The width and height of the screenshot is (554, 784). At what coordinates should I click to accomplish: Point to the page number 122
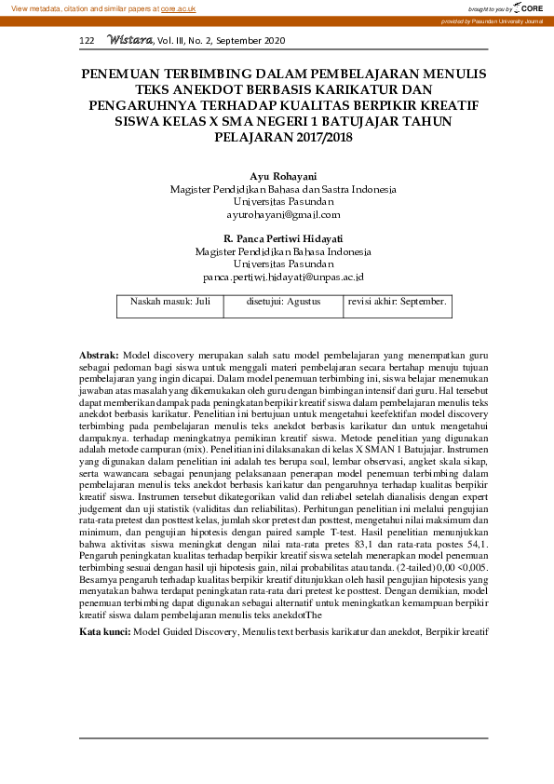88,41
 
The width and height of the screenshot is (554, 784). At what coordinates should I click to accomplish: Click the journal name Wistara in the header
129,40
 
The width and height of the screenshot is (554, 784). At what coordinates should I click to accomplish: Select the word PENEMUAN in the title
120,74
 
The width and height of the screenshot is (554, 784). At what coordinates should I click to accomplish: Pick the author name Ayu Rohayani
283,176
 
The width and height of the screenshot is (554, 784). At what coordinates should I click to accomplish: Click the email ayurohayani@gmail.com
283,214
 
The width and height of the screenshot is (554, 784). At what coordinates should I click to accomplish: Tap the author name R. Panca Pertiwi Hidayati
283,238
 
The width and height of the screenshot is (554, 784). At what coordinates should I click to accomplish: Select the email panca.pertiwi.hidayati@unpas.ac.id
283,277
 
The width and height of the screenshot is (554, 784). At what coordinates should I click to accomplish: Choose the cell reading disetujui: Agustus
278,302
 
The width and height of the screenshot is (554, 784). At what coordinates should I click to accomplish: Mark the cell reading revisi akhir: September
397,302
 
